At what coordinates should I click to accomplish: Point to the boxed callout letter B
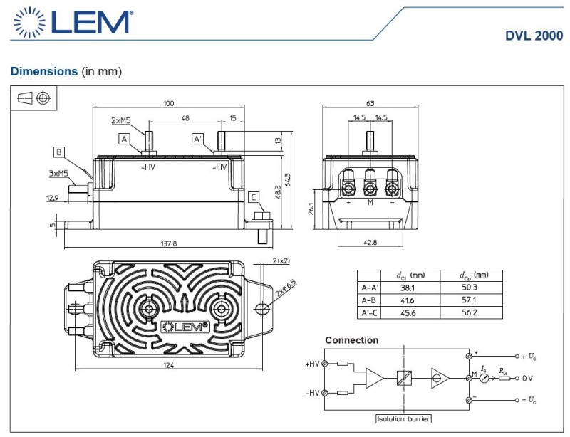click(x=58, y=151)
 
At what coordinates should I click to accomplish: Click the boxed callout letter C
click(x=253, y=197)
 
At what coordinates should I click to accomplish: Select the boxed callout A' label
click(x=198, y=139)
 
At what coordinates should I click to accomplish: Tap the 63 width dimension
click(x=370, y=103)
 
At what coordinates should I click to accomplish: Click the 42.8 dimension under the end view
click(x=370, y=243)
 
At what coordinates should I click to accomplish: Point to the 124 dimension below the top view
click(x=167, y=364)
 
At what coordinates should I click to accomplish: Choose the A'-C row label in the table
click(x=369, y=313)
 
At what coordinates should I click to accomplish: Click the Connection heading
click(x=352, y=340)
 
